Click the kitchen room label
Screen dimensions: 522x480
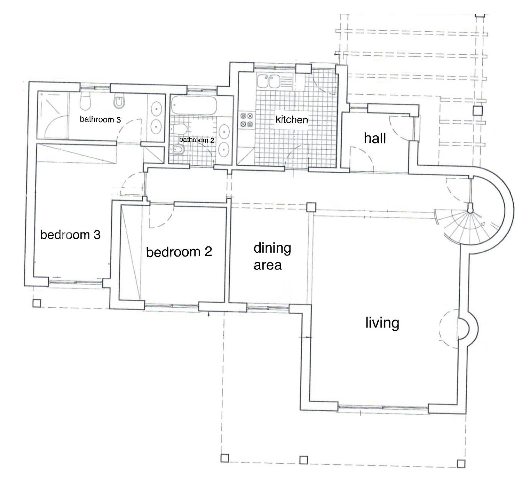292,119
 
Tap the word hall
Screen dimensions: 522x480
375,138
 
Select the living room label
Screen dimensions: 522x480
382,323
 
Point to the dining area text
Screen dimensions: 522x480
272,256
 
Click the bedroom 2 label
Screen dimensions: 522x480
179,252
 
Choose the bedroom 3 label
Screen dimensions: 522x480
70,235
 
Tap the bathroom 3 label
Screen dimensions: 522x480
100,119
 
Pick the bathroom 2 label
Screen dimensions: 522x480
197,140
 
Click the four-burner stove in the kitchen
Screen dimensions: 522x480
247,120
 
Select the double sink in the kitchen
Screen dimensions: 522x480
269,81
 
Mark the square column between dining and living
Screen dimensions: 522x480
311,207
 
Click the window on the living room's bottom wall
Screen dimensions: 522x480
383,407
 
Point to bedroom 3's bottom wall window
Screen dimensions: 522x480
75,282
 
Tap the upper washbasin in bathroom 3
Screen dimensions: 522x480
156,109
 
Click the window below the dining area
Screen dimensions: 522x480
268,308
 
